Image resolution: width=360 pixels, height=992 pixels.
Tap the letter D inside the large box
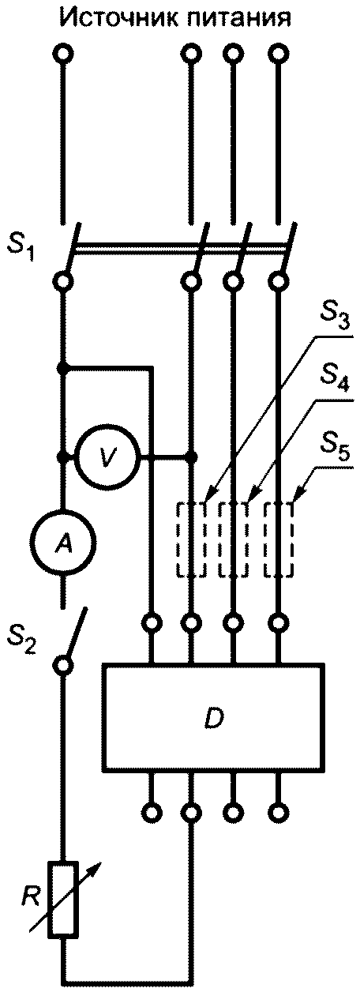[x=214, y=717]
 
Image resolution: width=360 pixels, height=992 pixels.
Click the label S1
[x=21, y=250]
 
